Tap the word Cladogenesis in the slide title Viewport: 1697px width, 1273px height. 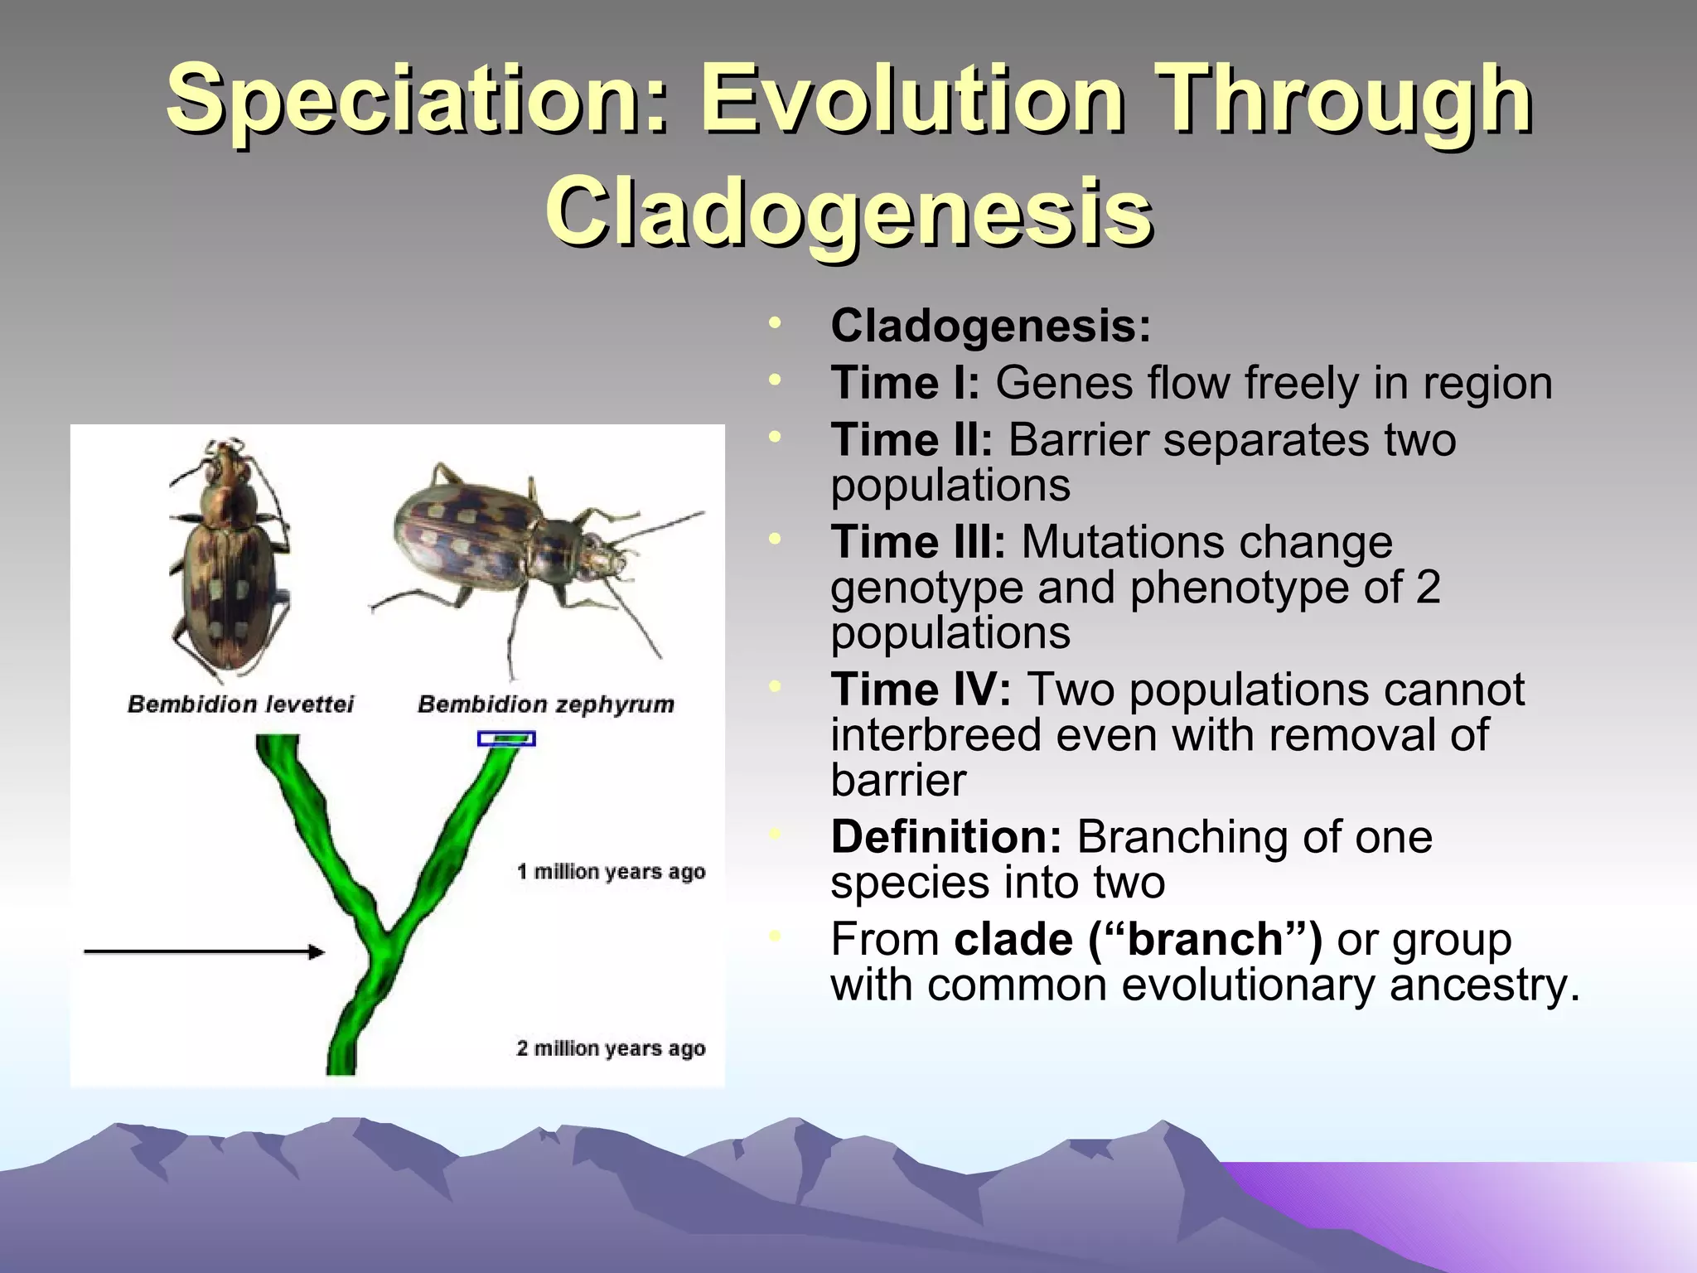point(848,213)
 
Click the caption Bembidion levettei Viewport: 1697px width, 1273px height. point(240,704)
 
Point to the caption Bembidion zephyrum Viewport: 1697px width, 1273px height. point(545,704)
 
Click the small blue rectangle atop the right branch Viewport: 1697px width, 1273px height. point(506,738)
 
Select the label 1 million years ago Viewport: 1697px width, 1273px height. point(611,872)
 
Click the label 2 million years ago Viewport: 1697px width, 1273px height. point(611,1048)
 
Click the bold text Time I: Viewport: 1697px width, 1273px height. point(905,384)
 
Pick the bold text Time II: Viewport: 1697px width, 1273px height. point(911,440)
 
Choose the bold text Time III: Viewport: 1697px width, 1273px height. point(917,543)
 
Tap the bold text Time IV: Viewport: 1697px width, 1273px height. point(920,690)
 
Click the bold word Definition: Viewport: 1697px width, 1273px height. point(945,837)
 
